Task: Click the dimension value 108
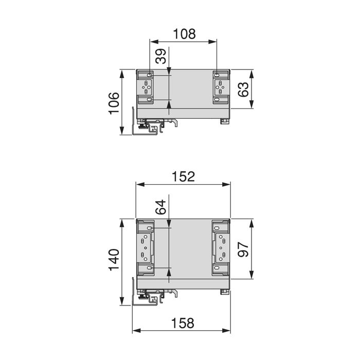184,34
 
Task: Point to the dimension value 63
243,88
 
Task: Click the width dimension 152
183,176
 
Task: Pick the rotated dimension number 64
161,207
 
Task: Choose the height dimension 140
114,261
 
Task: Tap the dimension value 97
243,249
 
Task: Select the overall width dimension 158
183,323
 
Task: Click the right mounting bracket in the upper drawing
220,88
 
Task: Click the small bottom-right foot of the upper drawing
224,122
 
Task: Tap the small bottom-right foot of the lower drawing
224,293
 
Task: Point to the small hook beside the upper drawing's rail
175,122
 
